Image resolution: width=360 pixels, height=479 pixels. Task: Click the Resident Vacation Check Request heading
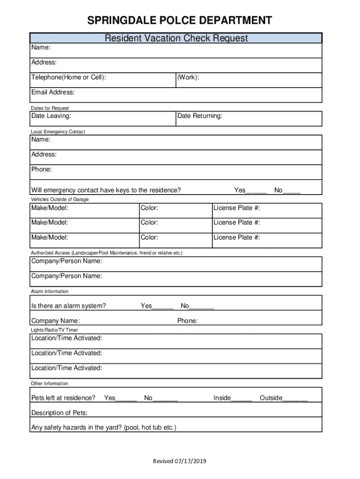pos(176,38)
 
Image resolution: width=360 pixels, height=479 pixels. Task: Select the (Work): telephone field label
pos(188,77)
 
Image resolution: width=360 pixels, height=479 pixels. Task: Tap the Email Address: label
pos(53,92)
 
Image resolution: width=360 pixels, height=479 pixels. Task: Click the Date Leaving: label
pos(51,116)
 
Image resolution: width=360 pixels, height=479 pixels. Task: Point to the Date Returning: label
pos(200,116)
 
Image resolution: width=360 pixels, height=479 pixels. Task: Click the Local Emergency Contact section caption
pos(58,132)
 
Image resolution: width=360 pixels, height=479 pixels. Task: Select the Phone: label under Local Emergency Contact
pos(42,169)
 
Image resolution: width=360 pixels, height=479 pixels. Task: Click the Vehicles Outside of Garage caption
pos(59,199)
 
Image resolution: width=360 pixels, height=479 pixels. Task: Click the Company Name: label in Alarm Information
pos(55,321)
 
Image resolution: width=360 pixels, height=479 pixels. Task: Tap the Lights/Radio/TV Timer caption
pos(54,330)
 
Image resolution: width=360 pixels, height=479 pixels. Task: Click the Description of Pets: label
pos(59,413)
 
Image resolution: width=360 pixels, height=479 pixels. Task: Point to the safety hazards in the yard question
pos(104,427)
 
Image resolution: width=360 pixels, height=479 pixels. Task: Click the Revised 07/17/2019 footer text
pos(180,462)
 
